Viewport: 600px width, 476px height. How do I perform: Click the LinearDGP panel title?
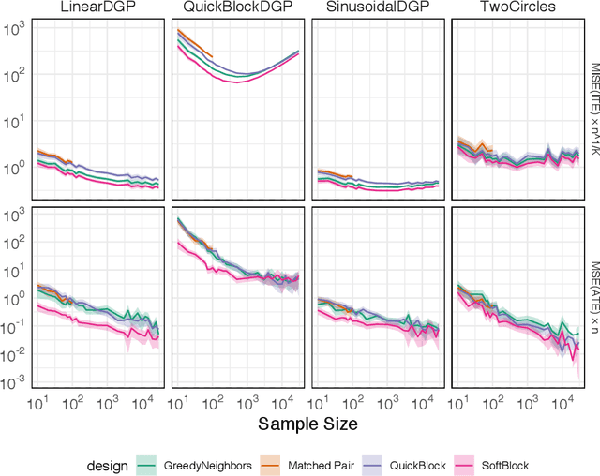click(96, 9)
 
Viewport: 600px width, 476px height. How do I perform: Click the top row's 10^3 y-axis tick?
click(16, 28)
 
